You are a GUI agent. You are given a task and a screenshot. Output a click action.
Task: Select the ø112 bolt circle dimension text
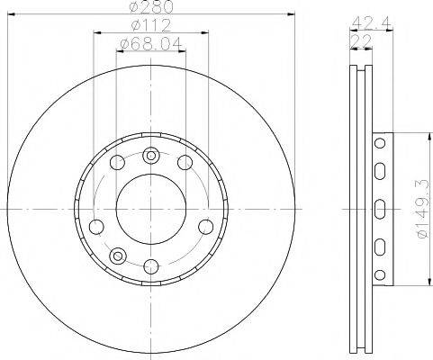point(150,24)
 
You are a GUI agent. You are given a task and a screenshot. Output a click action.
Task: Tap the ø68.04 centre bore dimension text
point(150,42)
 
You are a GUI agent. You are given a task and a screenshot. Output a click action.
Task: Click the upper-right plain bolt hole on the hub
point(185,162)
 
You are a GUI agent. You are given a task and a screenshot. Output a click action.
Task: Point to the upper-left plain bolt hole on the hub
point(116,162)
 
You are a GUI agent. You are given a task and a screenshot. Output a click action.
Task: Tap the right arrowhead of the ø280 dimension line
point(293,13)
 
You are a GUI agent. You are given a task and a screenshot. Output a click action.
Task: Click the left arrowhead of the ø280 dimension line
point(8,13)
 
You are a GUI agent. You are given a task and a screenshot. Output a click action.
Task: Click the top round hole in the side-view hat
point(378,144)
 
